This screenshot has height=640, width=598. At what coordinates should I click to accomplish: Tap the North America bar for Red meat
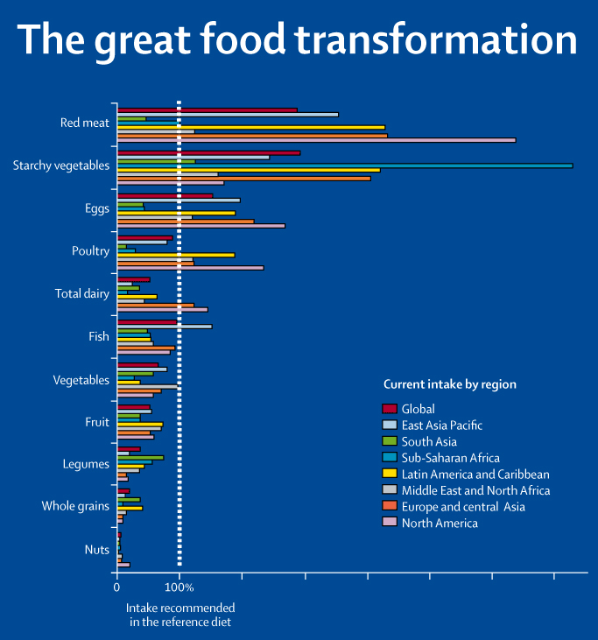point(316,140)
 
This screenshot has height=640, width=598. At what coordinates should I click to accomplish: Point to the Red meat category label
point(85,123)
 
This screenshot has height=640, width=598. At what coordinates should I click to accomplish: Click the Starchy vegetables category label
point(61,165)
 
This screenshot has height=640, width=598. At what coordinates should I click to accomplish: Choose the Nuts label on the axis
point(96,550)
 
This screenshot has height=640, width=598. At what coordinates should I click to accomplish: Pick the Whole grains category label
point(75,507)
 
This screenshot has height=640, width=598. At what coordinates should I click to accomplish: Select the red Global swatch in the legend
point(390,408)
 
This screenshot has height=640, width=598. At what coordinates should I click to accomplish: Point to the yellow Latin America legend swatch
point(390,474)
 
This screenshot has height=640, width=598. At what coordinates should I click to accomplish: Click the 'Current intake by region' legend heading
point(450,384)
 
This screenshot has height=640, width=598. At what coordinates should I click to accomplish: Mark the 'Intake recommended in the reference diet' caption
point(180,614)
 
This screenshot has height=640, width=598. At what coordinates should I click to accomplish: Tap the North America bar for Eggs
point(201,226)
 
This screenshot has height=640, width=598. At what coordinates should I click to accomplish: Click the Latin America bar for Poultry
point(176,255)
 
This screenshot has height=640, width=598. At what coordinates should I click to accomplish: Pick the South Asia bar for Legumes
point(140,457)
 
